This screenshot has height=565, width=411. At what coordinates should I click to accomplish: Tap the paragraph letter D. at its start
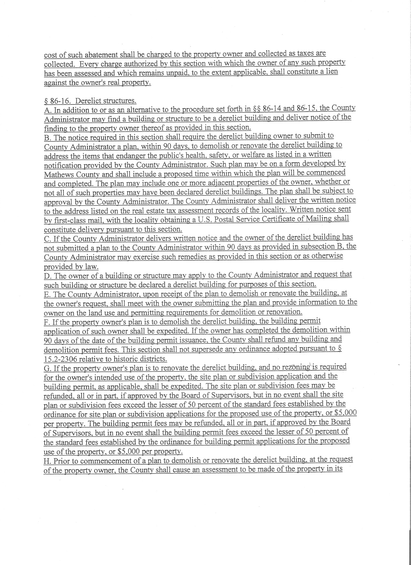(x=47, y=276)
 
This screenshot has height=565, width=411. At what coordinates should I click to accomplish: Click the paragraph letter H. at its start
(x=47, y=460)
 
